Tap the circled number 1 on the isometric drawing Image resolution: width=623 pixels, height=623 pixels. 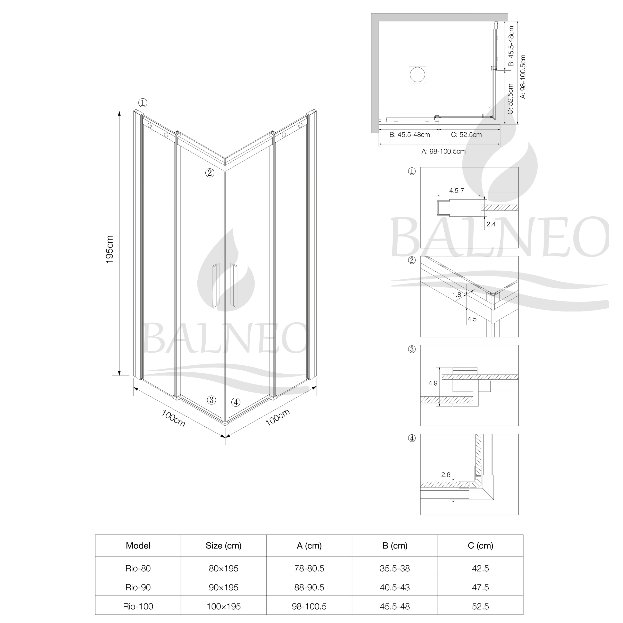point(143,103)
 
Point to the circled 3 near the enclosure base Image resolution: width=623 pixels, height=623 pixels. point(211,400)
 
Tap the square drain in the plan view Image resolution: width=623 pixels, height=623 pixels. point(418,74)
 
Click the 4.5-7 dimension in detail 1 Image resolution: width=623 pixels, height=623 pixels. point(457,191)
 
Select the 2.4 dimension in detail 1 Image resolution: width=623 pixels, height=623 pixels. point(491,224)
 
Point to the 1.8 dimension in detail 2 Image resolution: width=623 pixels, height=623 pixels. point(457,294)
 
